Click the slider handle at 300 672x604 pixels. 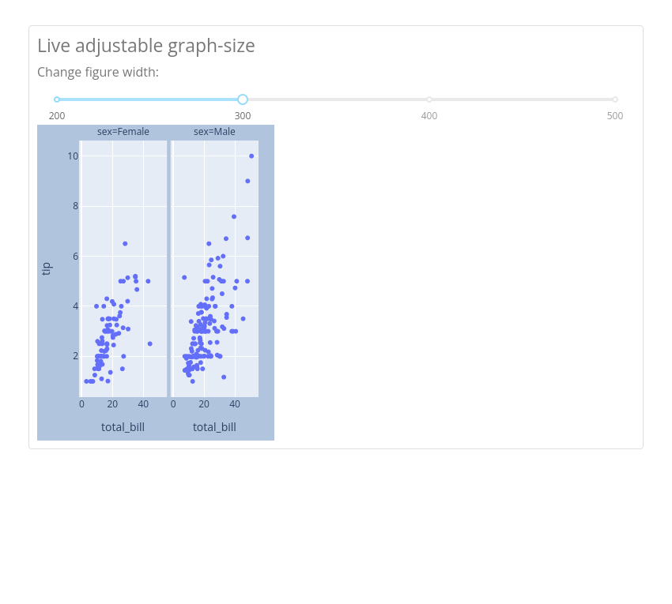(x=243, y=99)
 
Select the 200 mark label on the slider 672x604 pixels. (x=57, y=116)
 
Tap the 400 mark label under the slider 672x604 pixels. (x=429, y=116)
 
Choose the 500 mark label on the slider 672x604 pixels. (x=615, y=116)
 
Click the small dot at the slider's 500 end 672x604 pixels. (x=615, y=99)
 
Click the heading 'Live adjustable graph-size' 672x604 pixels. (x=146, y=46)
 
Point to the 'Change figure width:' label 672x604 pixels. (x=98, y=72)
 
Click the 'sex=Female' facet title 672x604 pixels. (x=123, y=131)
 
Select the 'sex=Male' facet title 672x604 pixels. (x=214, y=131)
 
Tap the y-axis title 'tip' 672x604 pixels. (x=47, y=268)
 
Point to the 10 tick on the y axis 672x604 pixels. (x=73, y=156)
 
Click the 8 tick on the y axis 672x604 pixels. (x=75, y=206)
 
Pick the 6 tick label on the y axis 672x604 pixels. (x=75, y=256)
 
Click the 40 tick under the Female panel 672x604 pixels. (x=143, y=404)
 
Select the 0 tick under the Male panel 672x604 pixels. (x=173, y=404)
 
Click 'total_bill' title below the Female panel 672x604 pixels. (x=123, y=427)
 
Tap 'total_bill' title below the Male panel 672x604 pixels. (x=214, y=427)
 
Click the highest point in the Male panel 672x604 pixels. (x=251, y=156)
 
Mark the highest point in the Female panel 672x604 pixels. (x=125, y=243)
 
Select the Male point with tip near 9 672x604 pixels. (x=247, y=181)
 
